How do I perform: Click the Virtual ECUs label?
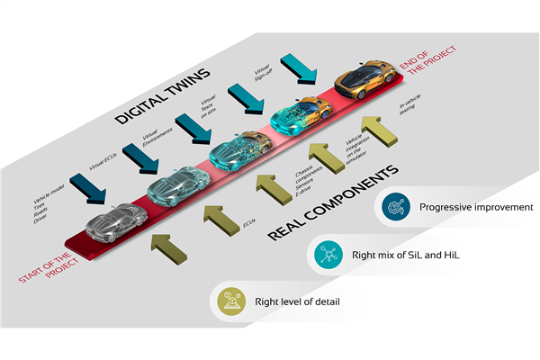[103, 159]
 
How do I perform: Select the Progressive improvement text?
[476, 207]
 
